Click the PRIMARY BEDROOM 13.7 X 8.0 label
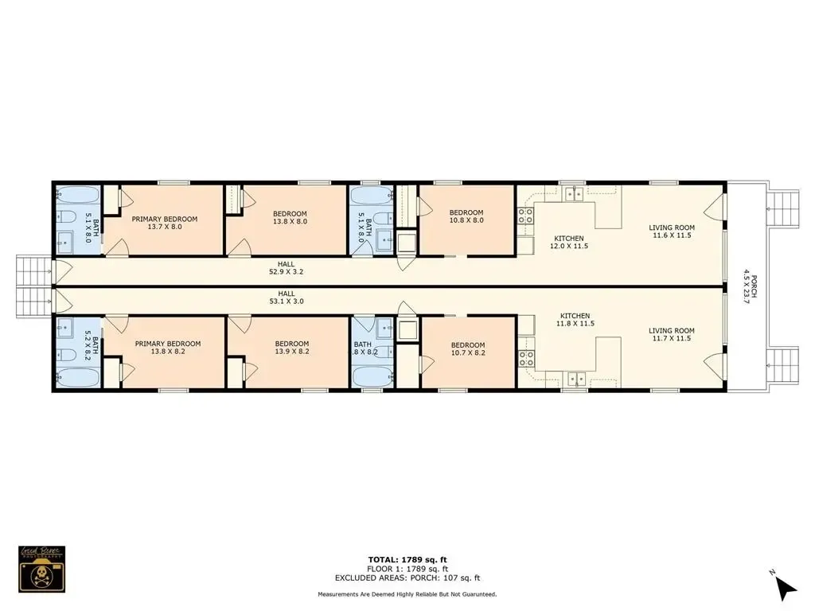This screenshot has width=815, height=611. point(165,223)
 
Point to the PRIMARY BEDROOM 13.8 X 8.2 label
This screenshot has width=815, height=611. point(167,348)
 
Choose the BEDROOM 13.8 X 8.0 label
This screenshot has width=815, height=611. point(290,217)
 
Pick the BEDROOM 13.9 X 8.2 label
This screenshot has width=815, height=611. point(291,348)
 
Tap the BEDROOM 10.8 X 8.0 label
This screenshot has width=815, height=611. point(466,216)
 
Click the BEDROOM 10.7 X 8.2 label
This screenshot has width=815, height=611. point(467,348)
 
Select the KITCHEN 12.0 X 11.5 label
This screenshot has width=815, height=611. point(569,243)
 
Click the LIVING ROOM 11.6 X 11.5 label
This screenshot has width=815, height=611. point(671,232)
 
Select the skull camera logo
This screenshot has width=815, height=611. point(42,568)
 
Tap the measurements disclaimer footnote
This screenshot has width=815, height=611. point(407,594)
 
